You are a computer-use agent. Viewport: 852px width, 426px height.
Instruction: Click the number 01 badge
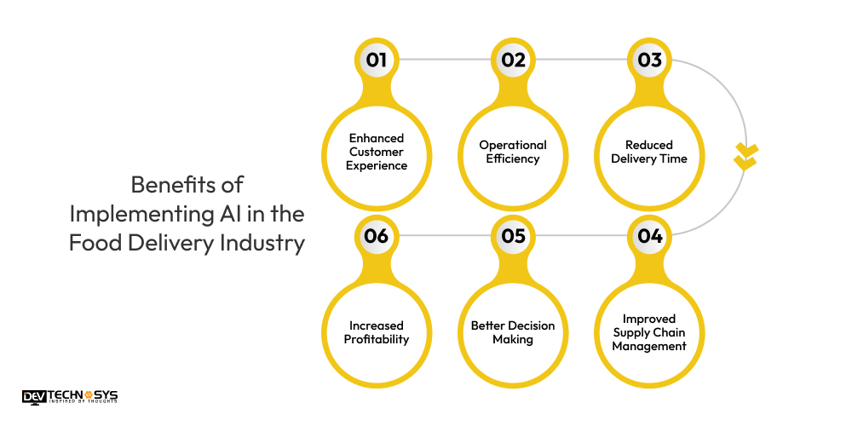pyautogui.click(x=376, y=60)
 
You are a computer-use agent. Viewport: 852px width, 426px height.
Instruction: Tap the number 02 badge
pyautogui.click(x=513, y=60)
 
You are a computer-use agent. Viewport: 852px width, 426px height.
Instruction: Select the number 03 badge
pyautogui.click(x=650, y=60)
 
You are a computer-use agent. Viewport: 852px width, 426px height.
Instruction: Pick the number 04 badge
pyautogui.click(x=650, y=236)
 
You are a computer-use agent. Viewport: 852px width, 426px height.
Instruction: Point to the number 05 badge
pyautogui.click(x=513, y=236)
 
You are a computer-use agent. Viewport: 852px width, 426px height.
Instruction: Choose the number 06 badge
pyautogui.click(x=376, y=236)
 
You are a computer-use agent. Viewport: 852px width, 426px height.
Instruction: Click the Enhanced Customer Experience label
pyautogui.click(x=377, y=152)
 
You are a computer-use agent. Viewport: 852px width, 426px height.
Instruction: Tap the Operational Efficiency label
pyautogui.click(x=513, y=152)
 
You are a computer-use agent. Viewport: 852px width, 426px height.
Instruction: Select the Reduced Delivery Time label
pyautogui.click(x=649, y=152)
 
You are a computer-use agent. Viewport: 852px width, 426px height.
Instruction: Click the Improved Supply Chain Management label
pyautogui.click(x=649, y=332)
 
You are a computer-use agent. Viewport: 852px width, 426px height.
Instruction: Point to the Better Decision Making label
pyautogui.click(x=513, y=332)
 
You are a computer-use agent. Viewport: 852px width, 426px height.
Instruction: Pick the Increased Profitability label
pyautogui.click(x=377, y=332)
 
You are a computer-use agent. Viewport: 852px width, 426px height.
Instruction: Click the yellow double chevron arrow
pyautogui.click(x=745, y=157)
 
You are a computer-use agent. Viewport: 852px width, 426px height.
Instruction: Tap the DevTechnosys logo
pyautogui.click(x=70, y=398)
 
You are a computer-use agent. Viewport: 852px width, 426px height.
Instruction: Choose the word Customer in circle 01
pyautogui.click(x=377, y=152)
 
